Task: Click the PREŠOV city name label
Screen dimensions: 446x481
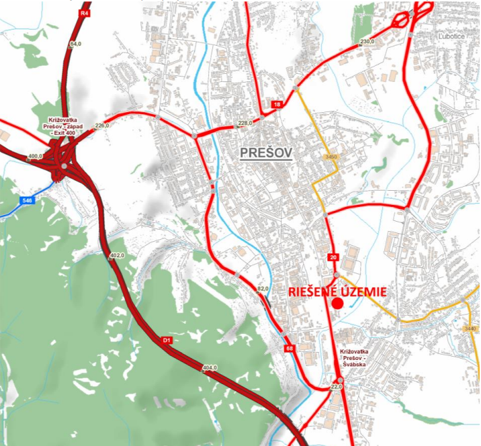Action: (x=267, y=154)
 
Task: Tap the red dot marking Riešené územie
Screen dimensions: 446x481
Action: (x=337, y=303)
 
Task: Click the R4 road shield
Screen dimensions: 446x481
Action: (x=84, y=13)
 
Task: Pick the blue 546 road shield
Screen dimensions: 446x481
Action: (x=27, y=201)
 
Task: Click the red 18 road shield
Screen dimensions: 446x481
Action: (x=277, y=105)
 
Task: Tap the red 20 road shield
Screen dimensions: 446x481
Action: (x=333, y=257)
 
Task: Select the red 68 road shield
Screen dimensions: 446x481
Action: (x=290, y=348)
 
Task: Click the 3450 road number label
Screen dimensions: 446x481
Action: (x=329, y=157)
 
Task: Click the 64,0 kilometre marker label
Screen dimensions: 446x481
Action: (x=75, y=44)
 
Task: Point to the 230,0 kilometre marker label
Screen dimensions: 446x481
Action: (x=366, y=42)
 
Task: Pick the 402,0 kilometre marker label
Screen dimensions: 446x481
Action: (x=118, y=255)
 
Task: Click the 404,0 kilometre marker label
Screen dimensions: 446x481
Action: (x=209, y=367)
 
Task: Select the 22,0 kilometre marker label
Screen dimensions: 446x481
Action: (x=337, y=387)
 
